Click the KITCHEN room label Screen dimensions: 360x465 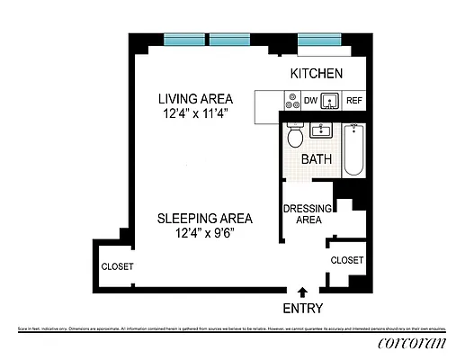[316, 74]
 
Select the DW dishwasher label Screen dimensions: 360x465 [309, 102]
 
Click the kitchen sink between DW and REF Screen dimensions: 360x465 [331, 101]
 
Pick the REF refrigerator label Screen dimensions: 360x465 [354, 102]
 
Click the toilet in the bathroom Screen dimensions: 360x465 [295, 137]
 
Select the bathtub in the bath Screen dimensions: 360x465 [353, 150]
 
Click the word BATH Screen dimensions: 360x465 [317, 159]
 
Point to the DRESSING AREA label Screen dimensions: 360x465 [309, 214]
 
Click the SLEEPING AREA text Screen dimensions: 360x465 [204, 218]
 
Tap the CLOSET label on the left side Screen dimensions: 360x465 [117, 266]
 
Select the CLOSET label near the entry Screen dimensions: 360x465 [347, 260]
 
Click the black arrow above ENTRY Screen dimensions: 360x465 [302, 292]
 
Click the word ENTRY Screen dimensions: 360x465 [302, 308]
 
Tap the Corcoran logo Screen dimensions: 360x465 [411, 346]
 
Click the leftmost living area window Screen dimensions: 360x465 [184, 40]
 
